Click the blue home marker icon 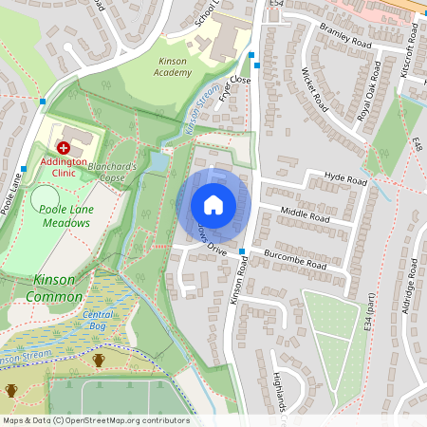(x=213, y=205)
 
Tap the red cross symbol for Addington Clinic (x=64, y=148)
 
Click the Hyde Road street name (x=344, y=177)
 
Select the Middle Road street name (x=306, y=216)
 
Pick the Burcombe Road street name (x=295, y=261)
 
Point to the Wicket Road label (x=314, y=88)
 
